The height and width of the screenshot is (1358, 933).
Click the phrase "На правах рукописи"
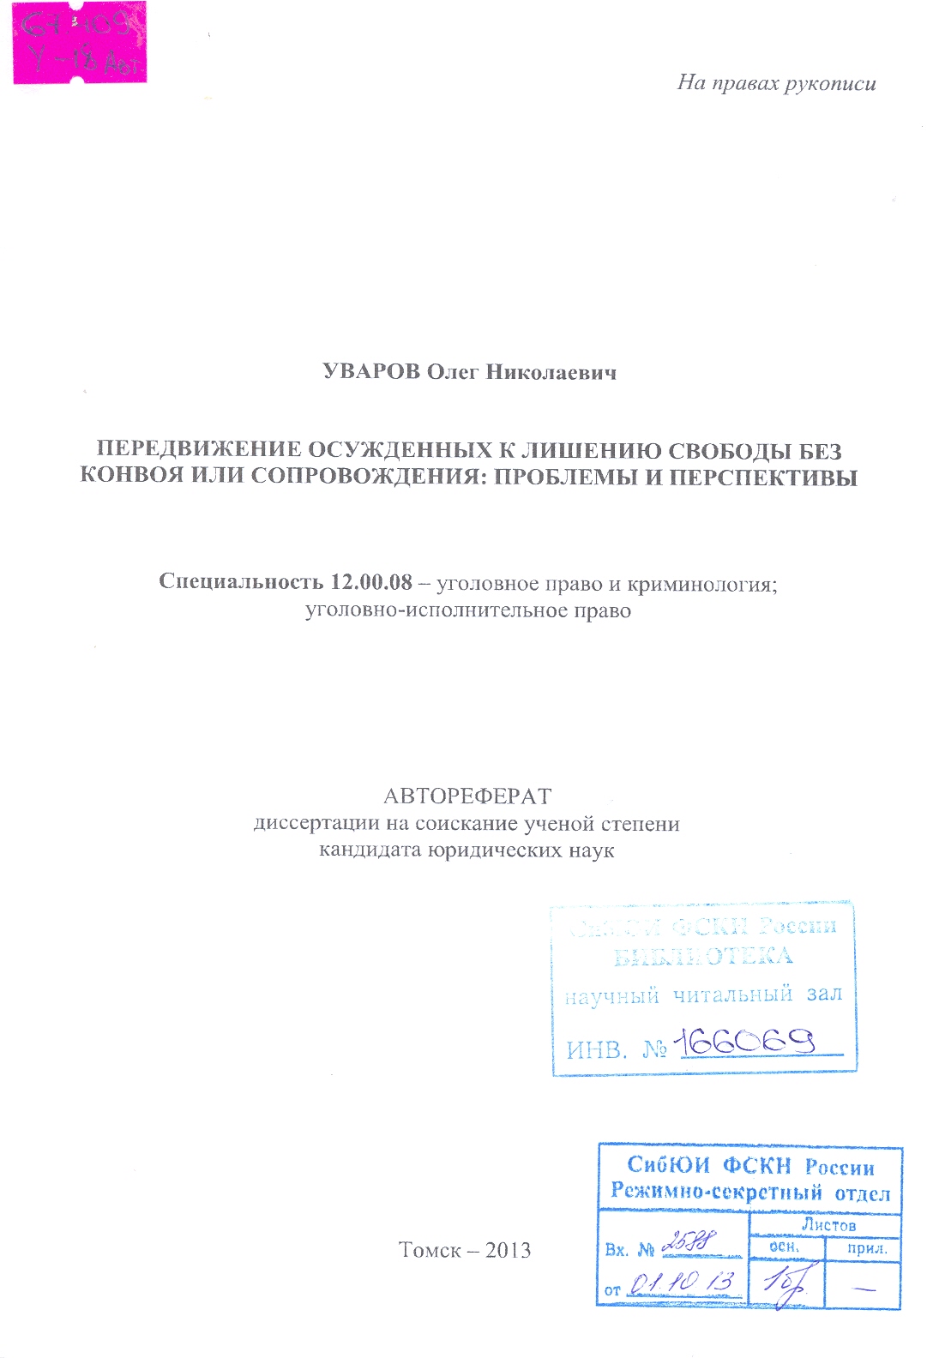(776, 83)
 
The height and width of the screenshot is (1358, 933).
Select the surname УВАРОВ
(371, 372)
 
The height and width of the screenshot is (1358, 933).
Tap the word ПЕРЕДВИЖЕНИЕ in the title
(198, 450)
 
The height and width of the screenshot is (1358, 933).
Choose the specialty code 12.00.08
(371, 582)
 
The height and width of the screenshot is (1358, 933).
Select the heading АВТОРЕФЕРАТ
(467, 796)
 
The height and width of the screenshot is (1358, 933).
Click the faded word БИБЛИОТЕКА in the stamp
(703, 957)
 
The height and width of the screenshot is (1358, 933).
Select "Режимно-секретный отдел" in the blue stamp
(750, 1192)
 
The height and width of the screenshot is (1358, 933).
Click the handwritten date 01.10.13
(682, 1283)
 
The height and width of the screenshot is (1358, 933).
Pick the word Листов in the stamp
(828, 1225)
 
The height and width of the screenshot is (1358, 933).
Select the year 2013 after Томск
(508, 1250)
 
